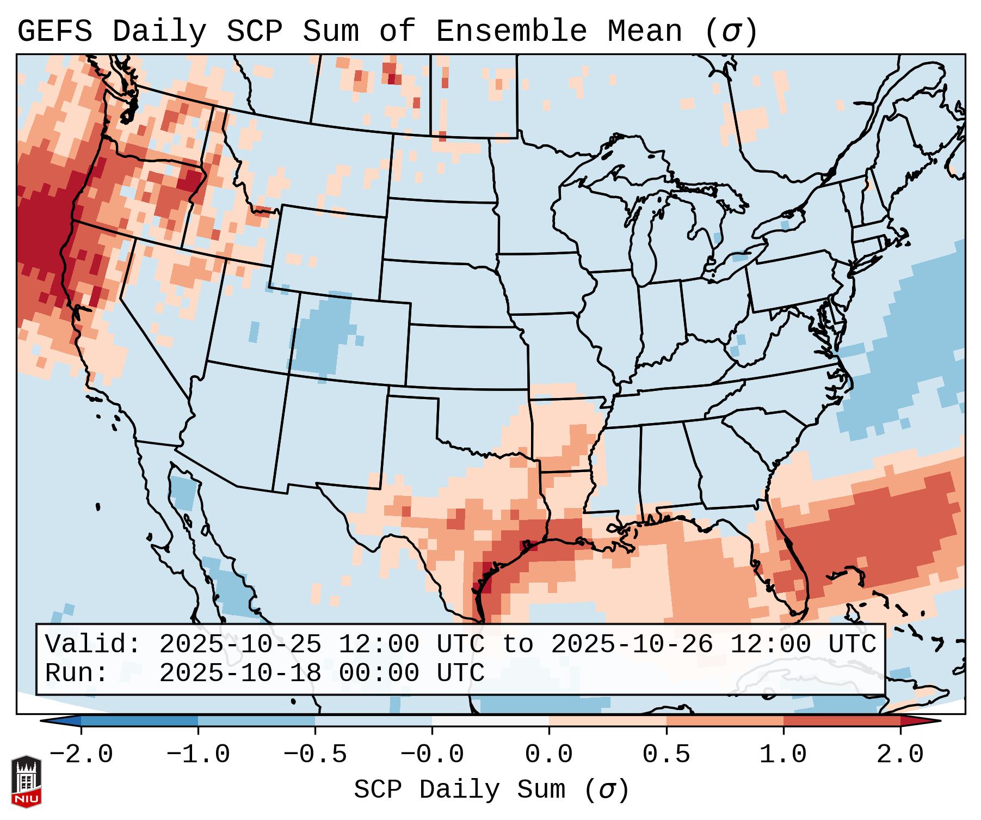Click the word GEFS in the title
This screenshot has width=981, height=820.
point(54,32)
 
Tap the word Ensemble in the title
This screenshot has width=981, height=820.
point(511,32)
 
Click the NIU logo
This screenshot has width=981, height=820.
point(26,781)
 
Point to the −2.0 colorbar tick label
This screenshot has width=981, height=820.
point(81,755)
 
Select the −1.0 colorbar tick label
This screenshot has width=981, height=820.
point(198,755)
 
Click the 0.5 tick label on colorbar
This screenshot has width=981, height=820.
point(666,755)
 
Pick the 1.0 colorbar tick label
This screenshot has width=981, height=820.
point(783,755)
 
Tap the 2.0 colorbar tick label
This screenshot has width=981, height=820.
point(900,755)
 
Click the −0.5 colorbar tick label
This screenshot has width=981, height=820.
point(315,755)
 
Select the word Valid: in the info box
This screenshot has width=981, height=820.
point(93,644)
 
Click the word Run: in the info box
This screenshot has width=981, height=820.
point(77,673)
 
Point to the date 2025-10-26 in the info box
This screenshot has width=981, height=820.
point(632,644)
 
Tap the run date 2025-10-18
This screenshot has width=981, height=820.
point(240,673)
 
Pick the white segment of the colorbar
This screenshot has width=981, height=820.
point(490,721)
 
